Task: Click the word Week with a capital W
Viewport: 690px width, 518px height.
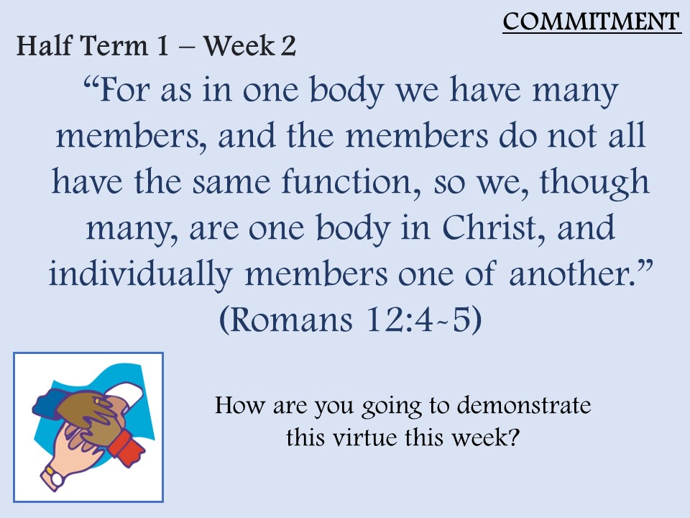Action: tap(239, 45)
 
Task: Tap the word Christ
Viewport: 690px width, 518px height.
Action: tap(494, 228)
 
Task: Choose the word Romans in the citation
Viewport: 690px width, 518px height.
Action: tap(291, 319)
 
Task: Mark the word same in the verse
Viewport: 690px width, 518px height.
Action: tap(231, 182)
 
